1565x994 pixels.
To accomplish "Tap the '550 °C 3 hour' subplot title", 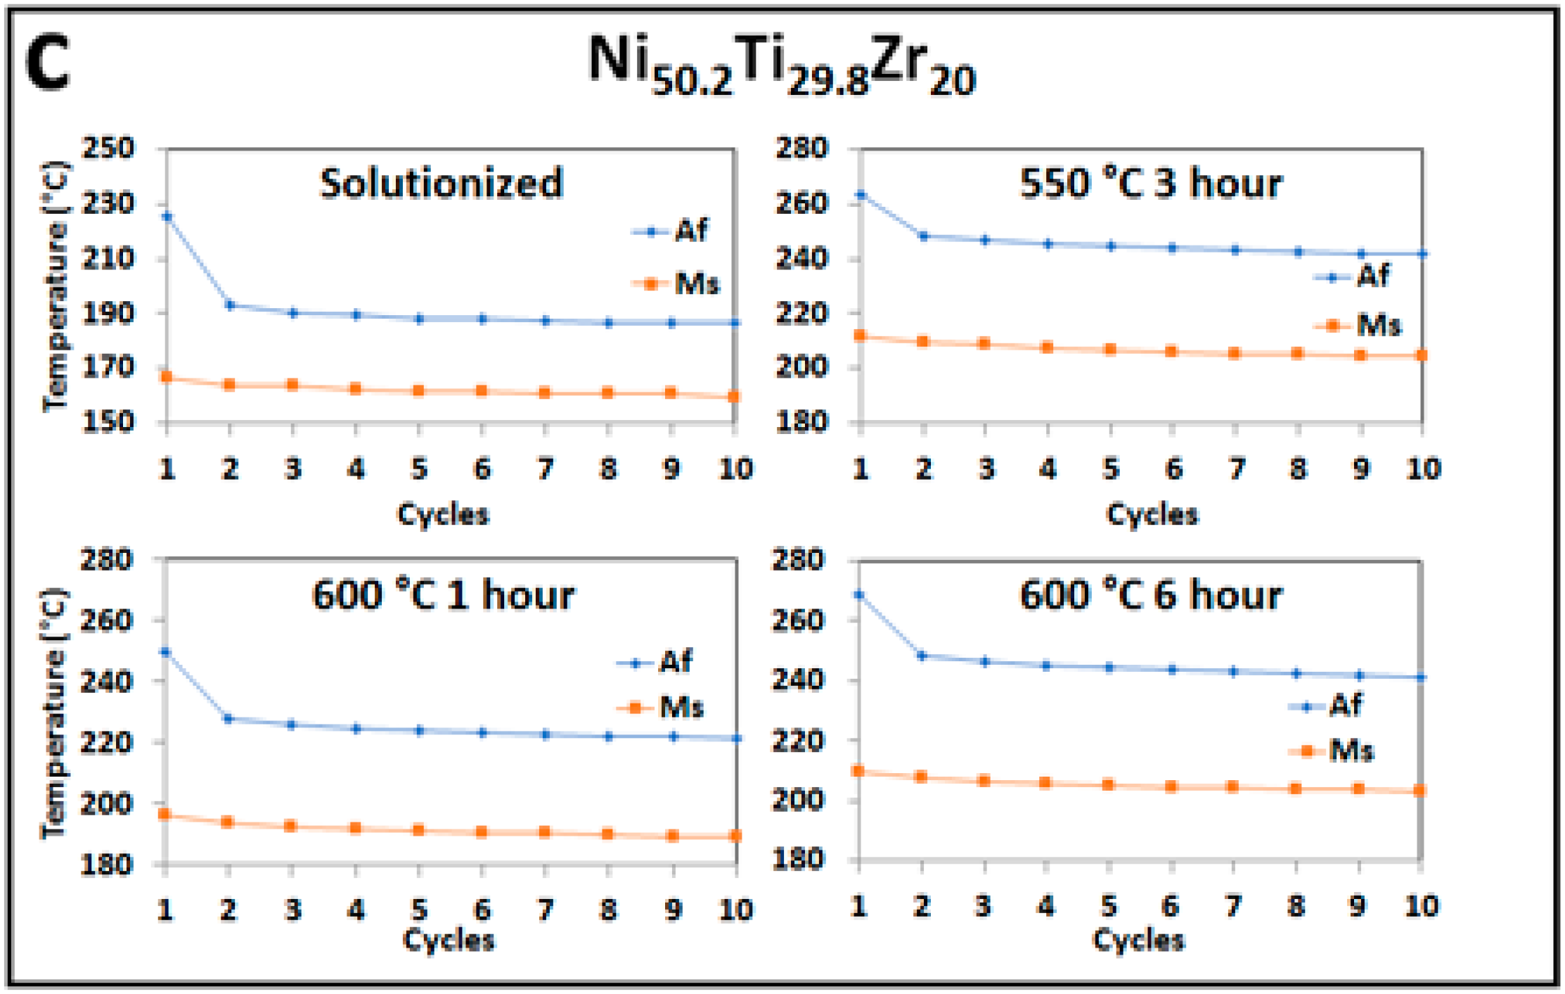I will tap(1150, 184).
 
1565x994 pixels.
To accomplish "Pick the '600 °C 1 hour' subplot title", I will tap(443, 595).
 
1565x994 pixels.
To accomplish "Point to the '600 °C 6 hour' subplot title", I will tap(1150, 595).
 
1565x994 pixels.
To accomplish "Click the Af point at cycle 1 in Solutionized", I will tap(167, 216).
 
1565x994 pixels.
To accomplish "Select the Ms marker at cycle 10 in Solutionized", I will tap(734, 397).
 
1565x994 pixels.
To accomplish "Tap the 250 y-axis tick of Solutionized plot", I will tap(108, 148).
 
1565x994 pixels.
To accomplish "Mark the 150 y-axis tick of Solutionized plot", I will tap(108, 421).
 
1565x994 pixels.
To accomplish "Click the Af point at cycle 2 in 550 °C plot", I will tap(924, 236).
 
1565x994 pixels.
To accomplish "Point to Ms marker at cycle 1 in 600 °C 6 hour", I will tap(858, 771).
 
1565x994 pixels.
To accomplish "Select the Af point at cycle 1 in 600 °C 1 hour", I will tap(166, 652).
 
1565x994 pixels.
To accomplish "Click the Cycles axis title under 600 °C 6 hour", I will tap(1138, 940).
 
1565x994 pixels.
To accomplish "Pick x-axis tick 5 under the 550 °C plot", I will tap(1110, 469).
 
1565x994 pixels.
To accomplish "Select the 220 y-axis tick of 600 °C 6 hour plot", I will tap(797, 741).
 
